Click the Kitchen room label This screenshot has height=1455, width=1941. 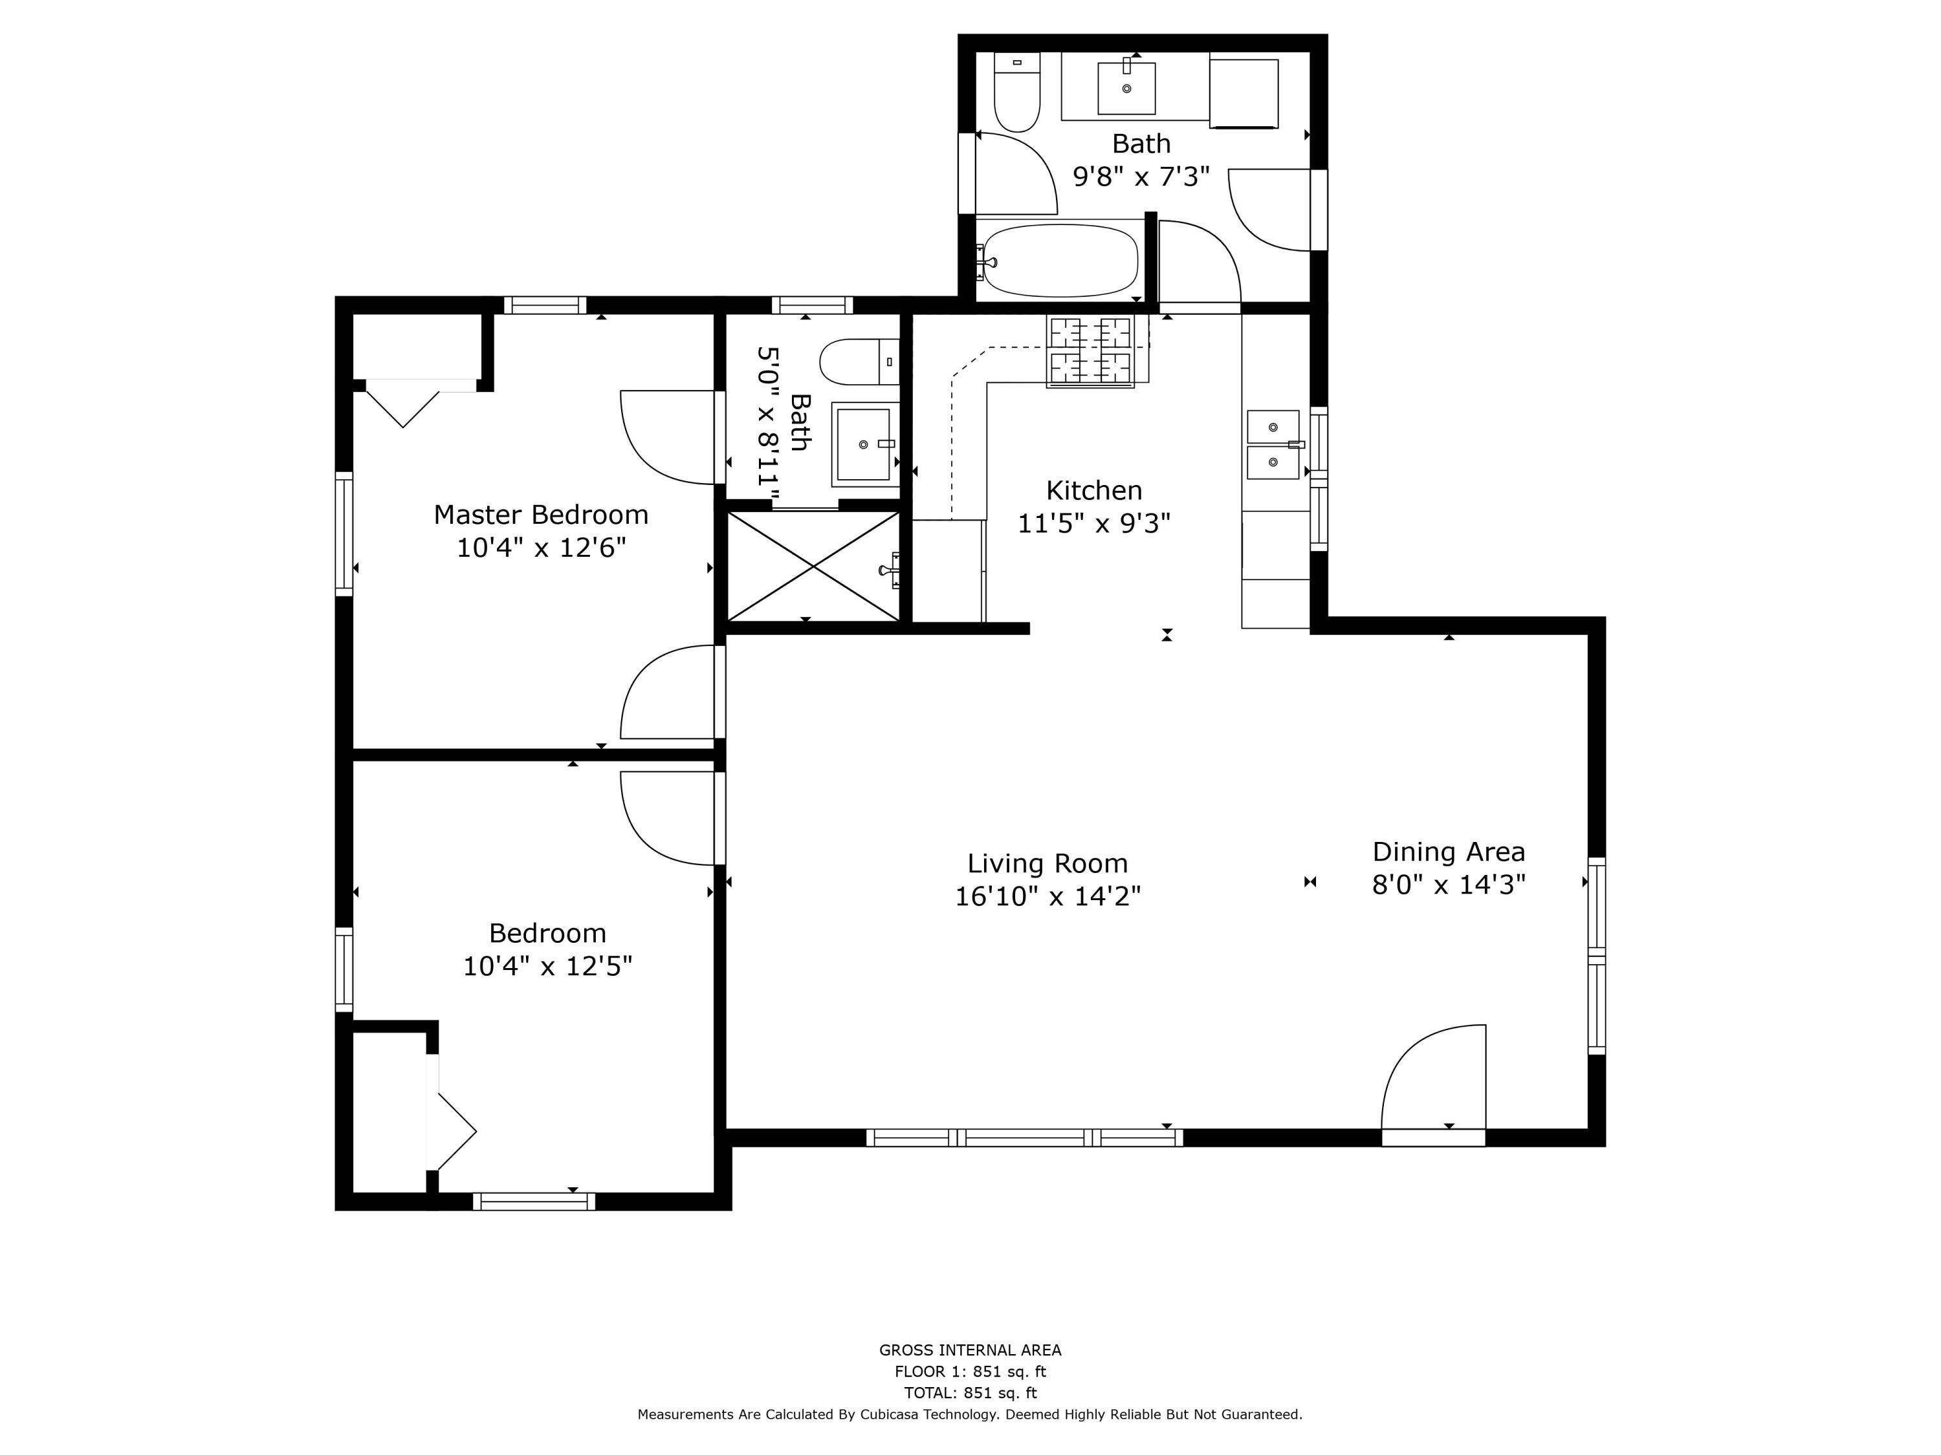coord(1093,490)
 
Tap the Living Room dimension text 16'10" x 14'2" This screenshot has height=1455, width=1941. coord(1047,896)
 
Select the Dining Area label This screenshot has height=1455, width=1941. coord(1449,852)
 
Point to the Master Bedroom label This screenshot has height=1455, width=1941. coord(540,515)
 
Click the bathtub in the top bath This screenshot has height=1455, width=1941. coord(1060,261)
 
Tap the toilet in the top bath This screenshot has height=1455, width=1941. coord(1017,92)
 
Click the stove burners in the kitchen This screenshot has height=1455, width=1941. coord(1091,352)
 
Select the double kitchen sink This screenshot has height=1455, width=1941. coord(1273,445)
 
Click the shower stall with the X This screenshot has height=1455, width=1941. coord(815,566)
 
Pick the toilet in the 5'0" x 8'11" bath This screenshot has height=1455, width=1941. coord(860,362)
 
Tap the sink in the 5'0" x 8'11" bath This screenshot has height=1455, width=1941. coord(865,445)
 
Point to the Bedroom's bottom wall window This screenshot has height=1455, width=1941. coord(534,1202)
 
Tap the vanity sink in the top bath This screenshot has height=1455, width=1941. coord(1126,88)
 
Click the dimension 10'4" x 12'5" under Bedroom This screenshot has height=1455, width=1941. coord(547,965)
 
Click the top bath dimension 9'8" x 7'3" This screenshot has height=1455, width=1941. coord(1141,177)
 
